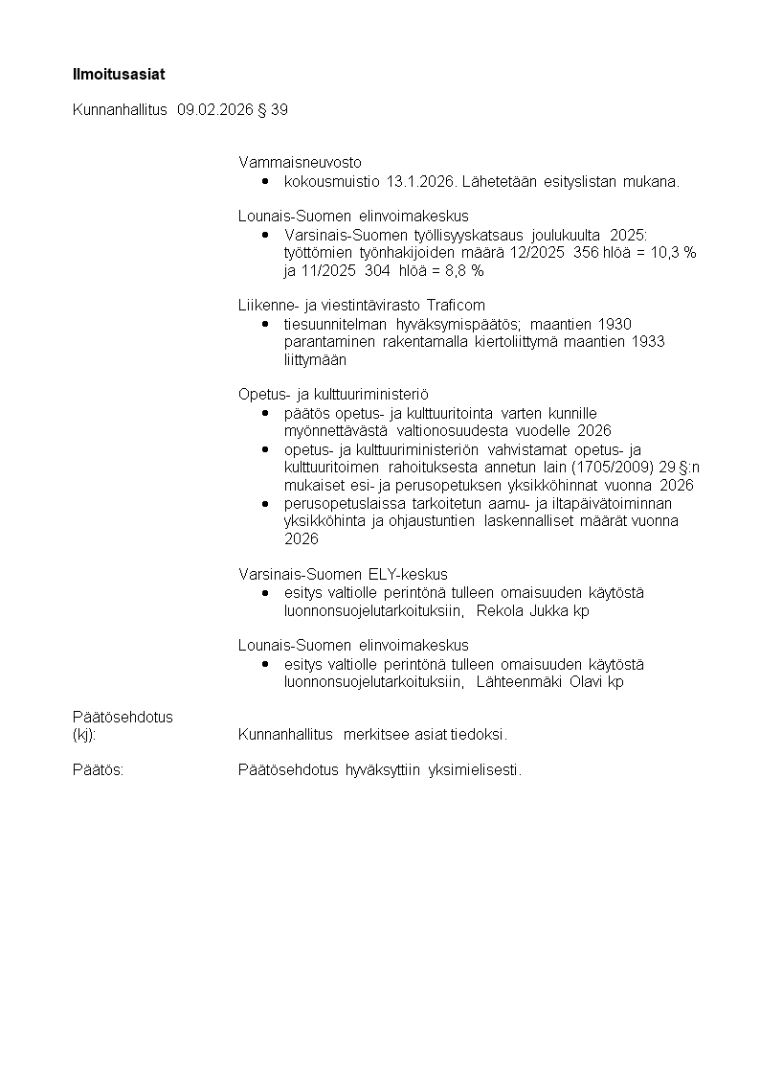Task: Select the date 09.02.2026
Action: coord(215,109)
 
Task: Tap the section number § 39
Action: coord(274,109)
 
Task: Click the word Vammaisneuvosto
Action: coord(300,162)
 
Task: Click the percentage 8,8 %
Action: coord(464,271)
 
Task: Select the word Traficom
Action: coord(457,306)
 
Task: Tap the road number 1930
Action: coord(614,324)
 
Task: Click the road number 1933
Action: coord(646,342)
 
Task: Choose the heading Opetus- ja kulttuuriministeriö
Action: coord(333,394)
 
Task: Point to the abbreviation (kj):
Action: coord(84,735)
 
